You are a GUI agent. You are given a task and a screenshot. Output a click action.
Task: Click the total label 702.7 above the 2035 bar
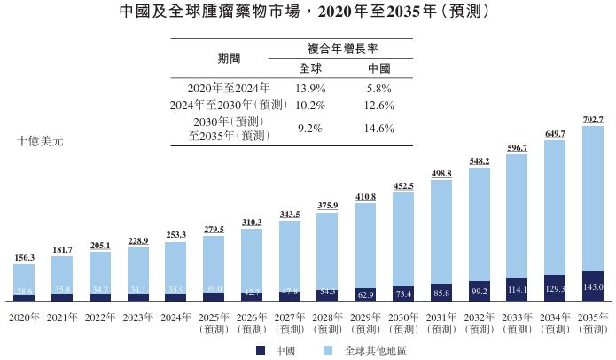tap(593, 120)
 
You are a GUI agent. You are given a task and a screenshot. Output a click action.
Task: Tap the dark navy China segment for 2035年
tap(593, 286)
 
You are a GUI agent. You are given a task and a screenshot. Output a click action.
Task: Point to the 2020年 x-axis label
tap(25, 317)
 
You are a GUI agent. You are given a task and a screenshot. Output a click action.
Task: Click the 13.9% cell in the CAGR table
tap(310, 88)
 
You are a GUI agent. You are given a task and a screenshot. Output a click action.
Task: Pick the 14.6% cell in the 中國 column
tap(379, 128)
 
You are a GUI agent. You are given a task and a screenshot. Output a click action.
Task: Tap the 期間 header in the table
tap(229, 59)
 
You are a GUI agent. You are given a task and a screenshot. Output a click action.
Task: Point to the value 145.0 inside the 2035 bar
tap(593, 287)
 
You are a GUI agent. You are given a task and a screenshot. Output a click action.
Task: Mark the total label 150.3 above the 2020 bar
tap(25, 258)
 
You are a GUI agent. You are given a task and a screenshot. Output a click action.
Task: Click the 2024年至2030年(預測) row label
tap(222, 105)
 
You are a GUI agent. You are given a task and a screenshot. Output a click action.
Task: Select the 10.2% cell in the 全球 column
tap(310, 105)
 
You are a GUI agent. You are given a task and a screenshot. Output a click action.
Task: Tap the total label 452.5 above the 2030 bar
tap(404, 186)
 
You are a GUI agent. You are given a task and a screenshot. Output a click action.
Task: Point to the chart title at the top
tap(308, 13)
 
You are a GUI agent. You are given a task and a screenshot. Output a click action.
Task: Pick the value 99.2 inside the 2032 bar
tap(480, 291)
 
